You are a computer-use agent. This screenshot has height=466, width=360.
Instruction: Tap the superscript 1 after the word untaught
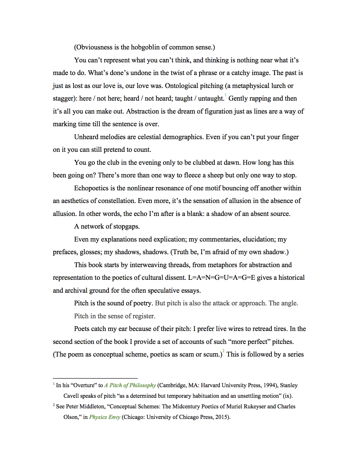(x=226, y=95)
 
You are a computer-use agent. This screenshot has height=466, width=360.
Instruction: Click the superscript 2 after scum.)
(x=224, y=351)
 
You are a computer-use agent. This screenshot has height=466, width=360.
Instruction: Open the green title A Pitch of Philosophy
(x=130, y=385)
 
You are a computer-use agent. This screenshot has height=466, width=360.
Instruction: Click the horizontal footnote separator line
(x=95, y=378)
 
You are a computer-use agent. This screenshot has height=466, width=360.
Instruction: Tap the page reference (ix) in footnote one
(x=287, y=396)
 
